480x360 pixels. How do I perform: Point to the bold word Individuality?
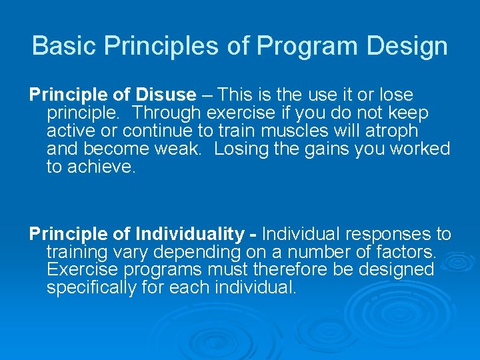click(x=189, y=235)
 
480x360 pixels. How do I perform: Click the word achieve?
click(x=102, y=167)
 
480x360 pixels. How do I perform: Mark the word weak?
click(x=180, y=149)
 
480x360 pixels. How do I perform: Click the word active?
click(x=72, y=131)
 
